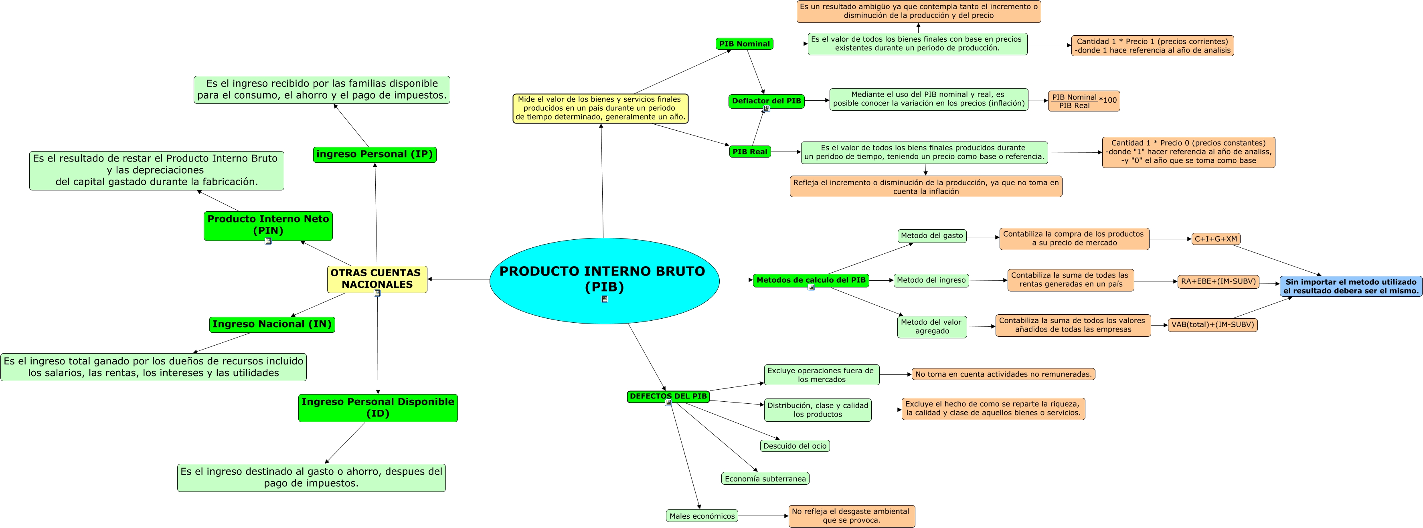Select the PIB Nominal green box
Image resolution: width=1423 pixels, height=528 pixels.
coord(744,44)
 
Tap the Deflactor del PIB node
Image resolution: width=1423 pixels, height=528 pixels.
coord(766,101)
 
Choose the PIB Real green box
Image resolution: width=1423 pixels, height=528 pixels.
coord(750,151)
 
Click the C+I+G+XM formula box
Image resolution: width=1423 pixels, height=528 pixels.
coord(1215,239)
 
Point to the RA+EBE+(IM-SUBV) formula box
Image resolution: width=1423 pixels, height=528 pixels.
coord(1218,281)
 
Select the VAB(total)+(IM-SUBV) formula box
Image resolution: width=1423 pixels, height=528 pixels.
coord(1212,325)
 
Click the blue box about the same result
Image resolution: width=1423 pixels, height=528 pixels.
coord(1351,286)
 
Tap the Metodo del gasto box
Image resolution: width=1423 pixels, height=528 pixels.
coord(931,236)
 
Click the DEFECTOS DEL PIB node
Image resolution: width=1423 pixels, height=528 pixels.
coord(668,396)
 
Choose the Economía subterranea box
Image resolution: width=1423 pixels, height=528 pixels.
coord(765,478)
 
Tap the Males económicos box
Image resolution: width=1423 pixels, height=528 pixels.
coord(702,516)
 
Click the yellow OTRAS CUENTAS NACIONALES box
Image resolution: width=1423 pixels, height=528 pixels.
coord(377,278)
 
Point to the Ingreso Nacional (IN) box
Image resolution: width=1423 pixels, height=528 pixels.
coord(272,324)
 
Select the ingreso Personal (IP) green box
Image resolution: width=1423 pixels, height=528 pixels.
coord(374,154)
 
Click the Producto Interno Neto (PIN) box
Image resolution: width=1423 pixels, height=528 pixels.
coord(268,225)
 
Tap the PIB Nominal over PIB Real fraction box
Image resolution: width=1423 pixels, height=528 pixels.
coord(1083,101)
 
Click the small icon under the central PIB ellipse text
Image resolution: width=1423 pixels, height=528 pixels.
coord(604,299)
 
